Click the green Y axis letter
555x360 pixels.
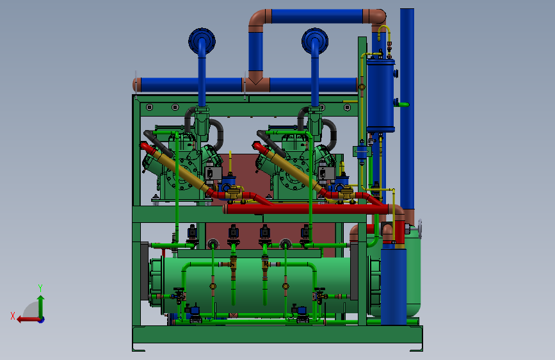40,288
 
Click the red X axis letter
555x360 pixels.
13,316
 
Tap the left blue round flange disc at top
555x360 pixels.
202,41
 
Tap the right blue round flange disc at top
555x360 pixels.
315,41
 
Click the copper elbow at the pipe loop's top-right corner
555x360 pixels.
376,19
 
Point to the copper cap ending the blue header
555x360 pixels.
137,85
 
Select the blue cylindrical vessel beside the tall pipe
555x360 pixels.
380,95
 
